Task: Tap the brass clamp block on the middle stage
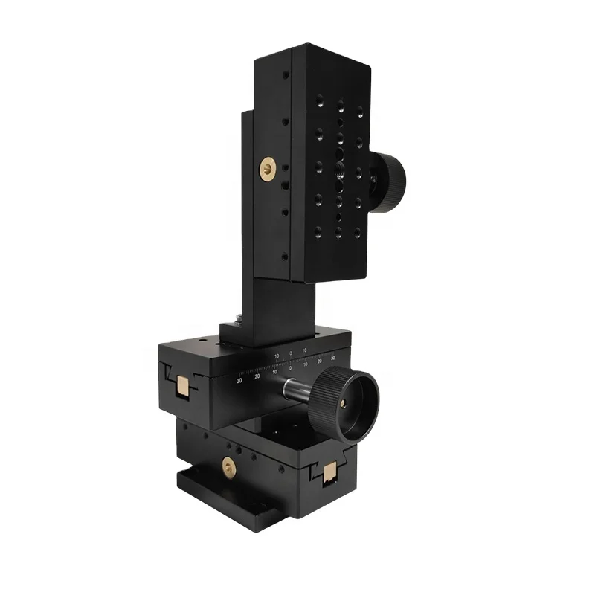tap(181, 386)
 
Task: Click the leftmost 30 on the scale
tap(239, 380)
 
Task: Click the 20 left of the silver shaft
tap(257, 376)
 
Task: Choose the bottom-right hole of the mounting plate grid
tap(358, 233)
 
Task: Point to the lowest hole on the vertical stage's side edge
tap(283, 257)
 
